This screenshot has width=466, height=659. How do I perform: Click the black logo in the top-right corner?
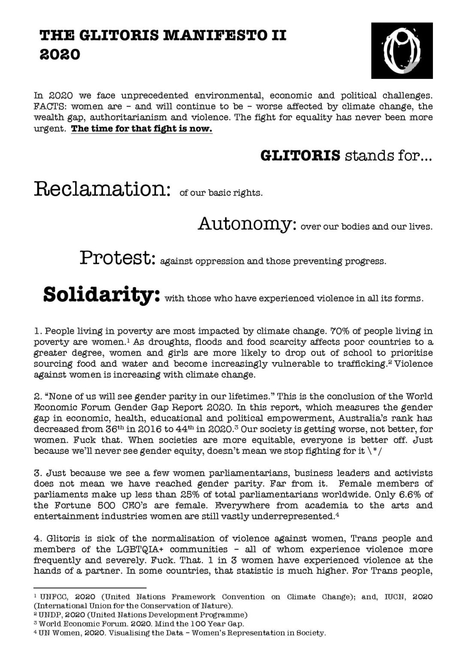coord(402,51)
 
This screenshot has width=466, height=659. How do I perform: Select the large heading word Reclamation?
coord(100,190)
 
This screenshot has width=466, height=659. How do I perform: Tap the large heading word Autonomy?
coord(247,224)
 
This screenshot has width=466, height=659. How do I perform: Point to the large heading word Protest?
coord(117,258)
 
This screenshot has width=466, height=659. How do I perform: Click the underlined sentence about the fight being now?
coord(142,129)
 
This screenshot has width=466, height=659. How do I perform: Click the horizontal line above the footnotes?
coord(90,587)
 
